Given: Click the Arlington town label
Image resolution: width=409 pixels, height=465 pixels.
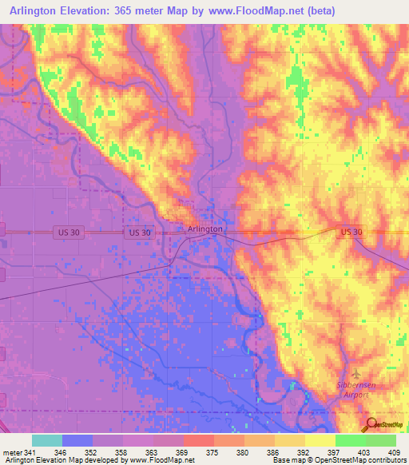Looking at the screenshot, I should [204, 229].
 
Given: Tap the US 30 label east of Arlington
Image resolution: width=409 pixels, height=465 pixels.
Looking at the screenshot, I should [351, 232].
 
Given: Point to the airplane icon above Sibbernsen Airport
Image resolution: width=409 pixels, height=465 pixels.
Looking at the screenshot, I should [356, 374].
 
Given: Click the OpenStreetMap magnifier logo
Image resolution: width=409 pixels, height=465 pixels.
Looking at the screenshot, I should [372, 424].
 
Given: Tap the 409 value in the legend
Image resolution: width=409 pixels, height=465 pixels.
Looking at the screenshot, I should [395, 452].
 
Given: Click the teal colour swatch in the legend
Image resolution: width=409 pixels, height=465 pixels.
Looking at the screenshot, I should [47, 440].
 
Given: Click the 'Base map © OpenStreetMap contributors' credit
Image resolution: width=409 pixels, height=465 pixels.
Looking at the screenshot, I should [339, 460].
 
